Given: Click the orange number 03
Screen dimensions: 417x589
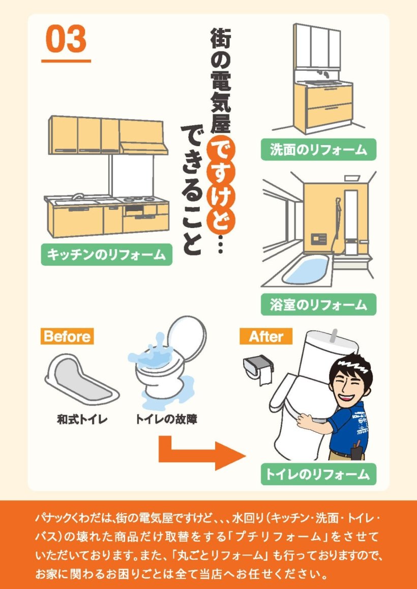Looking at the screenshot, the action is pyautogui.click(x=66, y=39).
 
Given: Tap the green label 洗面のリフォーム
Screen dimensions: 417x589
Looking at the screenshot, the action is pyautogui.click(x=318, y=150).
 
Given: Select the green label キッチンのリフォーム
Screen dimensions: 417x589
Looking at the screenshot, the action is pyautogui.click(x=106, y=255).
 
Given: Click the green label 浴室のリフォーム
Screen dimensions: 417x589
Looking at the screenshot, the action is pyautogui.click(x=318, y=304).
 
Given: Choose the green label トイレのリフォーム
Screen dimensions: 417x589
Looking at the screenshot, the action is pyautogui.click(x=318, y=474).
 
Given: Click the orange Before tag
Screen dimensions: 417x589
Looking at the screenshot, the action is pyautogui.click(x=67, y=336).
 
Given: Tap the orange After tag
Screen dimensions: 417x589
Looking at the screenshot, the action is pyautogui.click(x=266, y=336).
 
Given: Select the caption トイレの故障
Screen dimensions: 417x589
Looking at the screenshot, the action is pyautogui.click(x=166, y=419).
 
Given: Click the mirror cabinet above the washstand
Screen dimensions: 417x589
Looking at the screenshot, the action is pyautogui.click(x=317, y=46).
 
